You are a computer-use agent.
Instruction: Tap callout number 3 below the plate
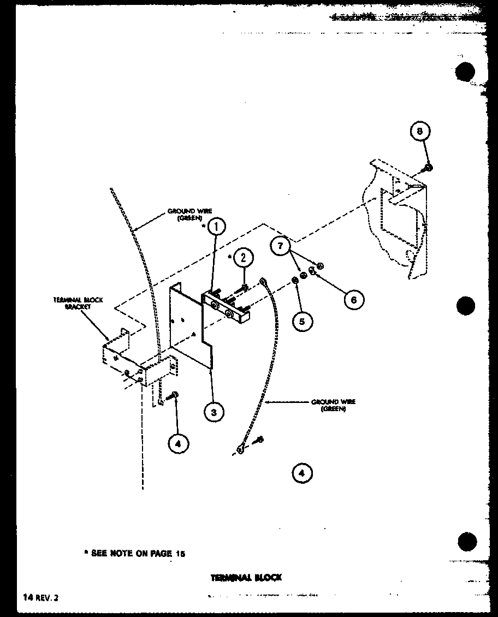[214, 412]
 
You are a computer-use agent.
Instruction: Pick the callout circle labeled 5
[302, 321]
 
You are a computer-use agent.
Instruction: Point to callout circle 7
[281, 247]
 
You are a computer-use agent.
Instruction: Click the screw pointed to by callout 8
[430, 167]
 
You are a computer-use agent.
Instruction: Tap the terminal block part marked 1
[227, 307]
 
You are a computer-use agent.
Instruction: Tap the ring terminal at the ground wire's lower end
[240, 449]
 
